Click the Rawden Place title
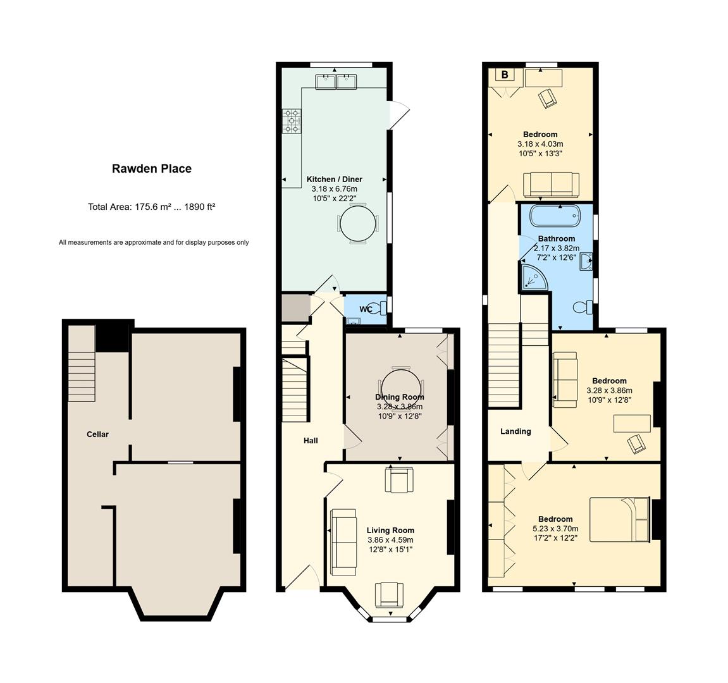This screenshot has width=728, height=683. (x=152, y=169)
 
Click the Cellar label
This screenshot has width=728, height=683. (x=97, y=434)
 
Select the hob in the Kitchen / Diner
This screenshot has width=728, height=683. (x=292, y=121)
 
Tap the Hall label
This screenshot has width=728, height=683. (x=311, y=441)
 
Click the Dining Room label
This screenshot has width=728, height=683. (x=400, y=397)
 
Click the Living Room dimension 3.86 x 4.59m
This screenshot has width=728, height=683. (x=390, y=540)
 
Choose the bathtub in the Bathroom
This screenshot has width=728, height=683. (x=555, y=215)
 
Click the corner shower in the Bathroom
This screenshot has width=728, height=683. (x=534, y=277)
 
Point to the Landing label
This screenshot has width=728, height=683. (x=515, y=431)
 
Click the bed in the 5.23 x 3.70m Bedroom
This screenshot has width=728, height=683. (x=619, y=520)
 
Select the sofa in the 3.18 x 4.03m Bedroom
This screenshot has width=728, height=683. (x=551, y=185)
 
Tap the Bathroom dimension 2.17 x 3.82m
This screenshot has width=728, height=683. (x=557, y=248)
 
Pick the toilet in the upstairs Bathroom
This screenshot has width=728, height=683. (x=583, y=307)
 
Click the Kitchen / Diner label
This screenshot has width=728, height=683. (x=335, y=179)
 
